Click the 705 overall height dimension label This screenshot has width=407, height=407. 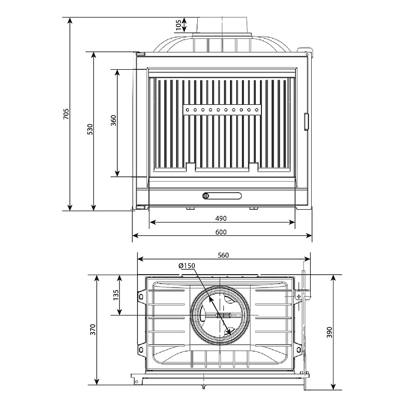[66, 114]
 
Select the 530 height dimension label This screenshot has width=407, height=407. [90, 129]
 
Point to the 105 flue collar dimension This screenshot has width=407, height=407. [178, 25]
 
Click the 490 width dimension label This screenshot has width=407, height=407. [221, 219]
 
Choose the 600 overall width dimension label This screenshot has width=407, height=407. [221, 232]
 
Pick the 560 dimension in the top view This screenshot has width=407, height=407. [223, 255]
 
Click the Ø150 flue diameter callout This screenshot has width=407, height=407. [187, 266]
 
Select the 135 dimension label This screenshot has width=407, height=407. [116, 295]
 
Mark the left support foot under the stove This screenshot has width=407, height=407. [190, 208]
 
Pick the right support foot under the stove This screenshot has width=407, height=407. [254, 208]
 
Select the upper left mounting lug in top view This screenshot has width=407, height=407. [141, 296]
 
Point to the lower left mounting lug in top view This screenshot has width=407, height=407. [141, 351]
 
